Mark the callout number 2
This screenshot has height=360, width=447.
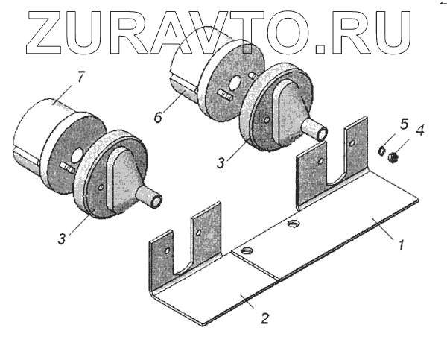266,318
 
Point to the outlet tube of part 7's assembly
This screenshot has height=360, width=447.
153,198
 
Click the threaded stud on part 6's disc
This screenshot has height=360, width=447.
224,95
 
